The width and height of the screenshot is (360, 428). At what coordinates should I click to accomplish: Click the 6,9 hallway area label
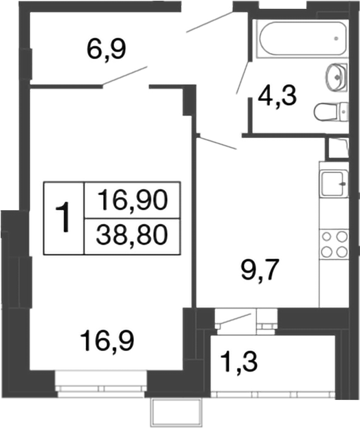[x=106, y=49]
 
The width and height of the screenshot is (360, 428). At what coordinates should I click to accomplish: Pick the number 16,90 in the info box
[x=132, y=201]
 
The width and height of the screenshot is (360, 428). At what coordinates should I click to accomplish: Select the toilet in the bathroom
[x=331, y=110]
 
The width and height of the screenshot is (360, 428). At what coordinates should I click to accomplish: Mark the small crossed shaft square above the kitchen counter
[x=337, y=148]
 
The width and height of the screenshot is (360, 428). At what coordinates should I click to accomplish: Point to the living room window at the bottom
[x=101, y=382]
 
